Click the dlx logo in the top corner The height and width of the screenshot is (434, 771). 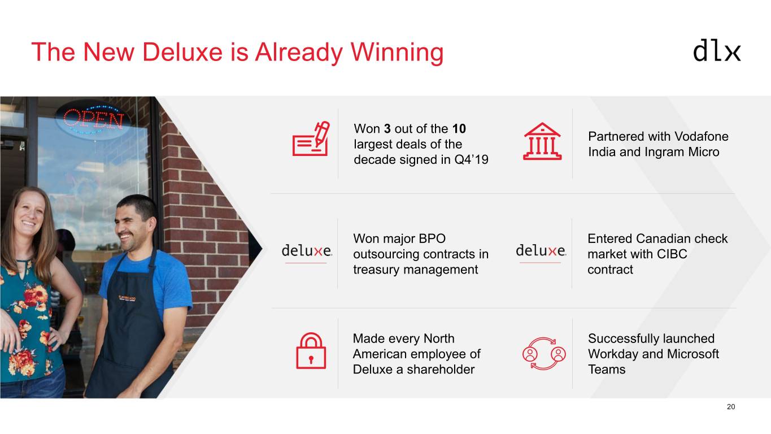(x=717, y=50)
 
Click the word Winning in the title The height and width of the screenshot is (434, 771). (x=397, y=53)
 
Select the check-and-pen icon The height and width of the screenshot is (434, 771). (x=311, y=138)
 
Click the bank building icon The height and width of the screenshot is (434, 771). (x=542, y=141)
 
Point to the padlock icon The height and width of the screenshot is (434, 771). (x=311, y=350)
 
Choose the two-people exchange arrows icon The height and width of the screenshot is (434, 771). (x=544, y=353)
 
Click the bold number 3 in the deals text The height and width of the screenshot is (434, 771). (x=387, y=129)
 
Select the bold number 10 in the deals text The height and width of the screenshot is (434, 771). (x=459, y=129)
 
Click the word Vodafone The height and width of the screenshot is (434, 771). (x=701, y=136)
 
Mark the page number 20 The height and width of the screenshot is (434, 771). (x=731, y=407)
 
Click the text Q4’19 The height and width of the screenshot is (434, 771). (x=471, y=160)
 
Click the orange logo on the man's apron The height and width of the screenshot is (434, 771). (x=127, y=298)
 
